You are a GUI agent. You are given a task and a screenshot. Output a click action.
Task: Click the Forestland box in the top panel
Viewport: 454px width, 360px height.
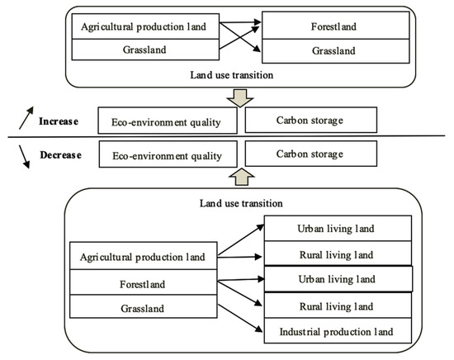pyautogui.click(x=338, y=26)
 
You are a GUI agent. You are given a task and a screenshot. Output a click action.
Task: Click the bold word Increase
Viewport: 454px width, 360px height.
pyautogui.click(x=58, y=121)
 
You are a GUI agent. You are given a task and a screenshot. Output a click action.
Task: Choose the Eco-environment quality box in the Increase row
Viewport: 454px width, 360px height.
pyautogui.click(x=168, y=121)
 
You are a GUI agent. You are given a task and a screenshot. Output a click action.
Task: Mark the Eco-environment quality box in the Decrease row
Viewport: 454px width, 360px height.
pyautogui.click(x=168, y=153)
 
